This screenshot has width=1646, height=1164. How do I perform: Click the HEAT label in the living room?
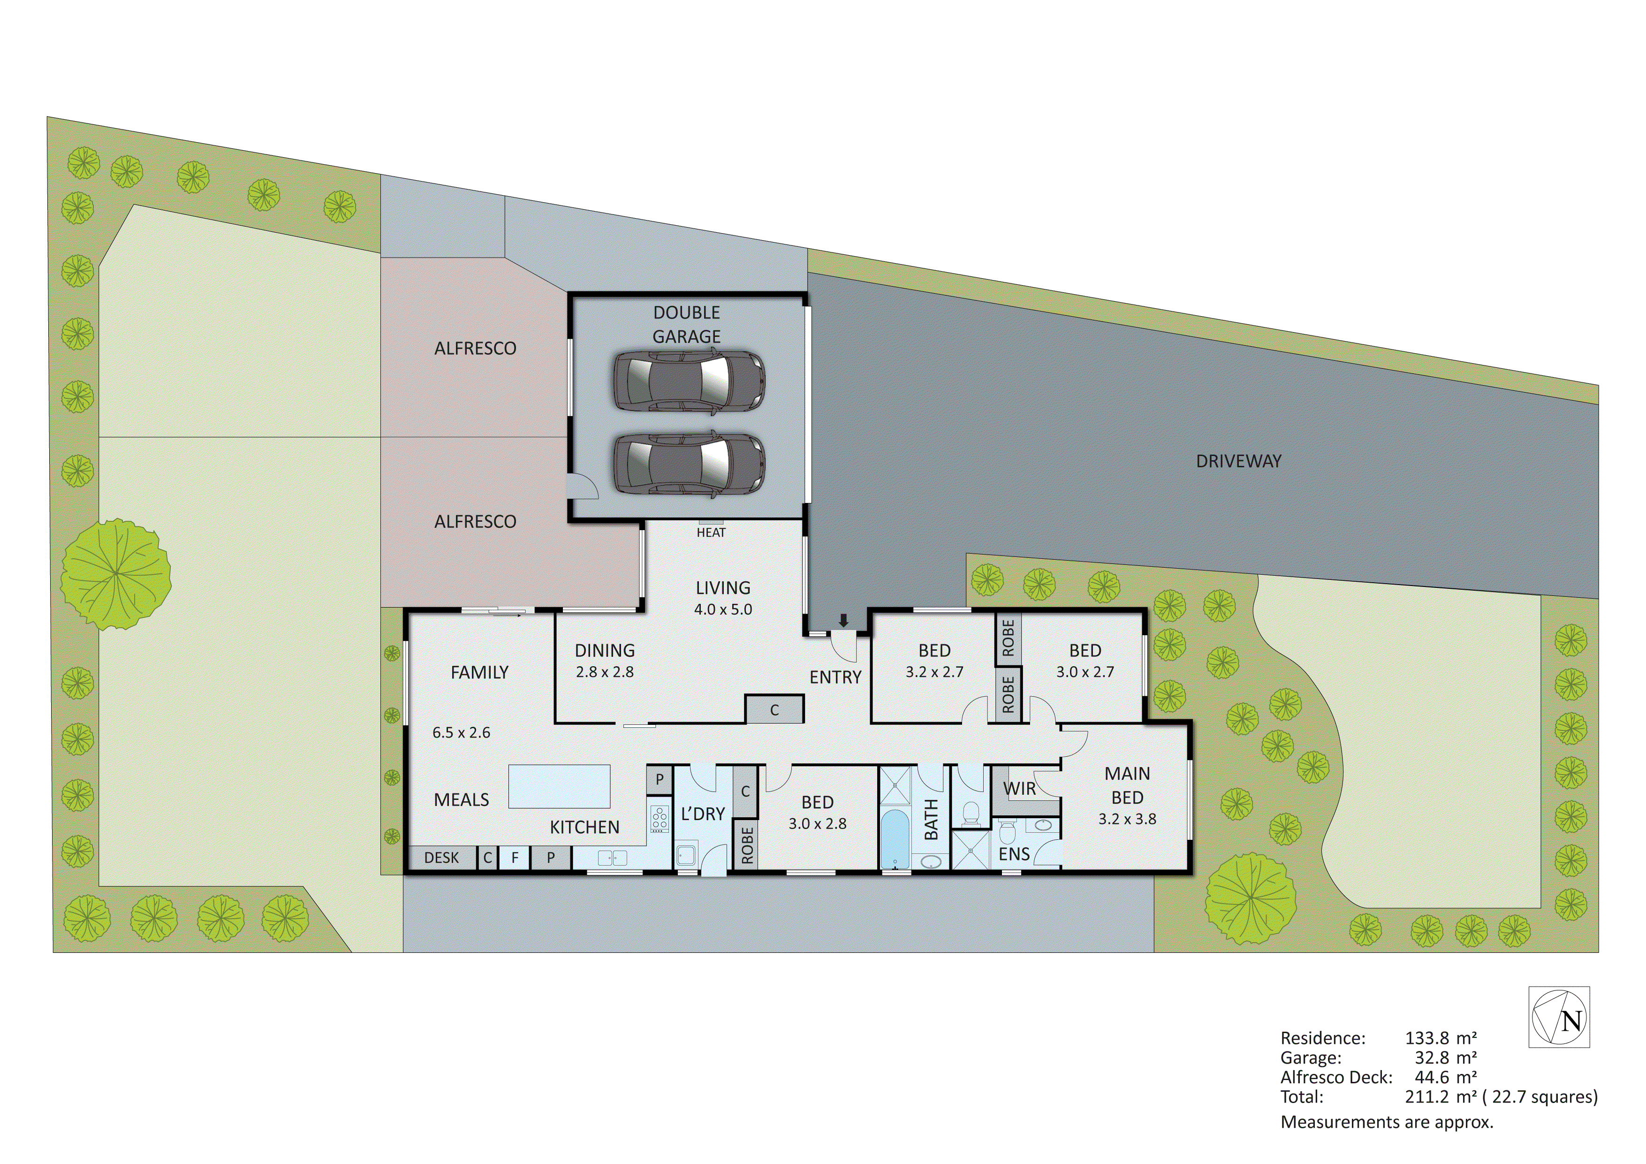[x=711, y=532]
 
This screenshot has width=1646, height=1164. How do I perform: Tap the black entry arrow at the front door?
[x=844, y=620]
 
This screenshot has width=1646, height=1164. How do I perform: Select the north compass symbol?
[x=1559, y=1018]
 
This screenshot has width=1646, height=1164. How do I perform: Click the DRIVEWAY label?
[x=1238, y=461]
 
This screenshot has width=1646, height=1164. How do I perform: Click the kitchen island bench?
[x=559, y=786]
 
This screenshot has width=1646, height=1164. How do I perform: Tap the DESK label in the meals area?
[x=441, y=858]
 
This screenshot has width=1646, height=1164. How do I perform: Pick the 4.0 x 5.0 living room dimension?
[x=723, y=609]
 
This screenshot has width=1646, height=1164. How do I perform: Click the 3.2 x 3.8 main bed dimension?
[x=1127, y=819]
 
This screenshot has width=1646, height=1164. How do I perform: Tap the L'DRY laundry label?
[x=703, y=814]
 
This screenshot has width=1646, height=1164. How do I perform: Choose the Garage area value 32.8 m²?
[x=1445, y=1057]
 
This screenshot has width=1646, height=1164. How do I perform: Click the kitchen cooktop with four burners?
[x=659, y=819]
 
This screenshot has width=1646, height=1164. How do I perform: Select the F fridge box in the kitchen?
[x=515, y=858]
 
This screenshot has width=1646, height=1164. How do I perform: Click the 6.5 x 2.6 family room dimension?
[x=461, y=732]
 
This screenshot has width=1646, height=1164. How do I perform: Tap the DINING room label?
[x=604, y=650]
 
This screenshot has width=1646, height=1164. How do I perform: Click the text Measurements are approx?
[x=1387, y=1122]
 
